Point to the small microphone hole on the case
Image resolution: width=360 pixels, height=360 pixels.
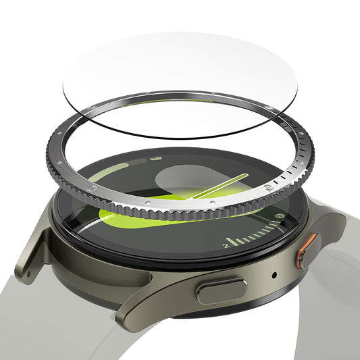(274, 276)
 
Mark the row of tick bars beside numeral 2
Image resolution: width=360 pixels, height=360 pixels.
(253, 236)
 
